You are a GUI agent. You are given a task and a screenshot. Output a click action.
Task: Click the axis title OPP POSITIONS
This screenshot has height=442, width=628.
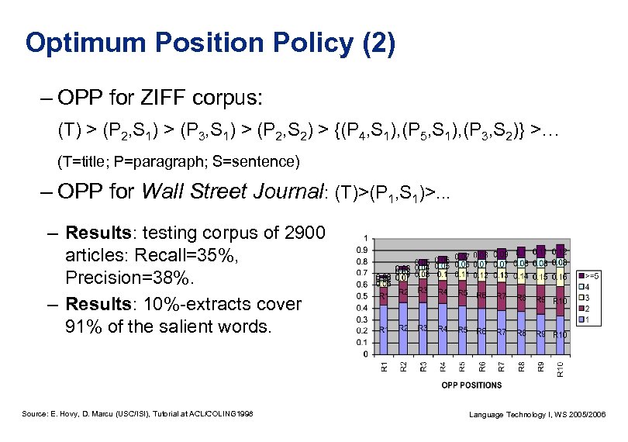471,385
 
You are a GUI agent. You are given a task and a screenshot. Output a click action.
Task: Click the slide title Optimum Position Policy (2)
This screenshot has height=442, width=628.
210,42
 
